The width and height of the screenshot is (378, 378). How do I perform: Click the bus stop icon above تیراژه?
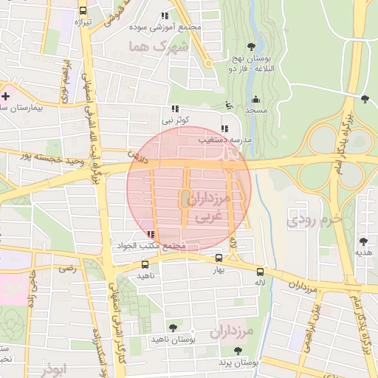82,11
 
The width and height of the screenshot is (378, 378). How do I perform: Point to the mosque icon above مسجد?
256,99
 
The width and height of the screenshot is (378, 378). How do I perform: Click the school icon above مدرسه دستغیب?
224,128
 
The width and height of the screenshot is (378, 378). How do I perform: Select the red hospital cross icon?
6,97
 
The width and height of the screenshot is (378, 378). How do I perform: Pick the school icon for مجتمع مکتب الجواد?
151,234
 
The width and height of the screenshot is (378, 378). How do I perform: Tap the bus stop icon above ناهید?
144,264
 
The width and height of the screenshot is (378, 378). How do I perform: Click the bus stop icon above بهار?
219,258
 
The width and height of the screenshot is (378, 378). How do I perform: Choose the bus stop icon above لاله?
260,271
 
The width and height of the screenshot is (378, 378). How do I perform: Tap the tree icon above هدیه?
363,241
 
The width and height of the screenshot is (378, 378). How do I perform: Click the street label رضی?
68,269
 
